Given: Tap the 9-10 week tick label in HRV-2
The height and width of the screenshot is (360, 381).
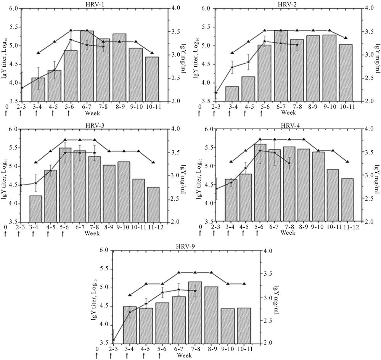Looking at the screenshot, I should [x=330, y=108].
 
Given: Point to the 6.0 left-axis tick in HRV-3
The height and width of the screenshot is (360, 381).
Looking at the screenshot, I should [x=13, y=130].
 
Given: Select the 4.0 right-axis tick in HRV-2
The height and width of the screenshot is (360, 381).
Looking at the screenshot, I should [x=370, y=8].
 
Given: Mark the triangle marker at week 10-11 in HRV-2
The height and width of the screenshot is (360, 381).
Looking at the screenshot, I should [x=346, y=38].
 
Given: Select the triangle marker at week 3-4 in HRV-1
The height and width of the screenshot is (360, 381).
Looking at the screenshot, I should [x=38, y=53].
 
